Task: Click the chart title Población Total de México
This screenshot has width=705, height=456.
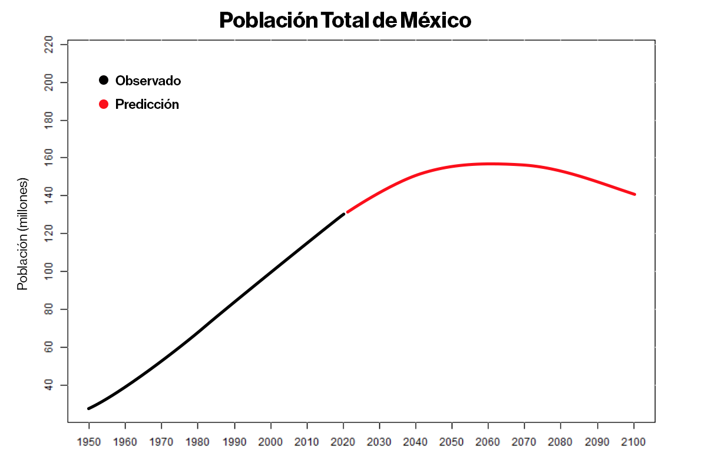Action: pos(345,21)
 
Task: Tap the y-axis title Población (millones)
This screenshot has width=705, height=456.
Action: pos(22,234)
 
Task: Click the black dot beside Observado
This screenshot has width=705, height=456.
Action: pos(104,81)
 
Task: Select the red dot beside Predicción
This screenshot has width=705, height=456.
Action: pos(104,104)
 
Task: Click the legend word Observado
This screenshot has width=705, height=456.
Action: pos(148,81)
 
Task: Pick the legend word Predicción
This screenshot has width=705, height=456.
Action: pos(147,104)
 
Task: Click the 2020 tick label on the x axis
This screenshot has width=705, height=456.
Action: pos(343,441)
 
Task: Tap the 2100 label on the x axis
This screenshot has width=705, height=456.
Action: pos(634,441)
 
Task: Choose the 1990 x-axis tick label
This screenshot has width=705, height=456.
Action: pos(234,441)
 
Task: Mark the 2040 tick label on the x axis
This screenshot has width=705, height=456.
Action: pos(416,441)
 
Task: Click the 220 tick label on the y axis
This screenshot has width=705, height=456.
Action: pos(49,45)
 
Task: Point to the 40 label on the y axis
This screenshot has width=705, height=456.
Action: pos(49,385)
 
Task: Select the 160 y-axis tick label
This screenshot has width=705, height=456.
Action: pos(49,158)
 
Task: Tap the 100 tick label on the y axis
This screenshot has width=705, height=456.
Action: pos(49,272)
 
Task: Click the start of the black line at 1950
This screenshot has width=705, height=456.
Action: pos(89,408)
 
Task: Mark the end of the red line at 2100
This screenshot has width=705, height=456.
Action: pos(634,194)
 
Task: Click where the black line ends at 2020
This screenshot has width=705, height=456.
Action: pos(343,214)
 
